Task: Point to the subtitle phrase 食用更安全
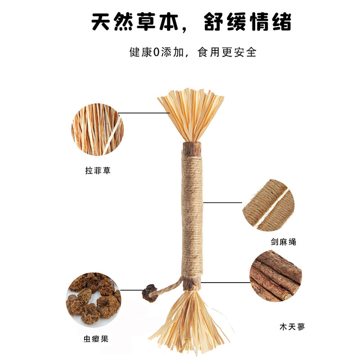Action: (227, 52)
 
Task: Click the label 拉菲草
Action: (98, 171)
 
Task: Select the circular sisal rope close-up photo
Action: (269, 205)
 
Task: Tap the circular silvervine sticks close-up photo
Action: (276, 275)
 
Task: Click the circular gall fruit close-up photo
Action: (94, 299)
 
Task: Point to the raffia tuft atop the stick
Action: (190, 112)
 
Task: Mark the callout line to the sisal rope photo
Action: (223, 202)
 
